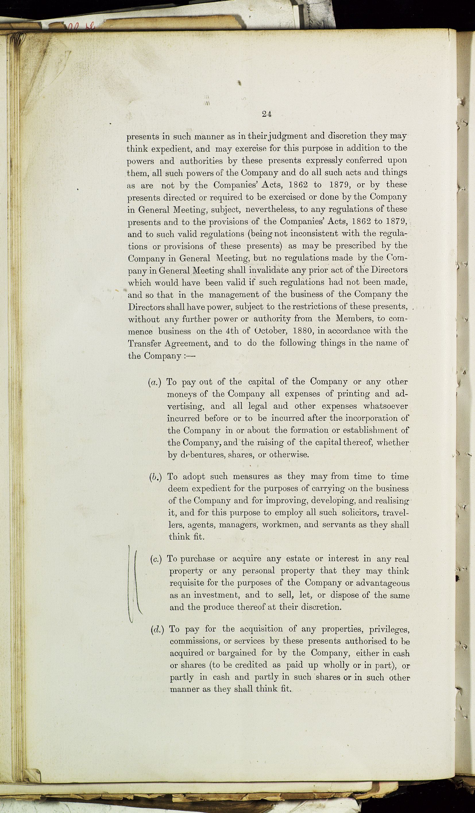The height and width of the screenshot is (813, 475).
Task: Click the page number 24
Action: point(267,114)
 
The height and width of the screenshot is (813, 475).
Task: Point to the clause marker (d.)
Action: point(157,630)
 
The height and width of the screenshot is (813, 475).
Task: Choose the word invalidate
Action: point(265,270)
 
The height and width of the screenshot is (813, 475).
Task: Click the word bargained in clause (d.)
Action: point(237,653)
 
